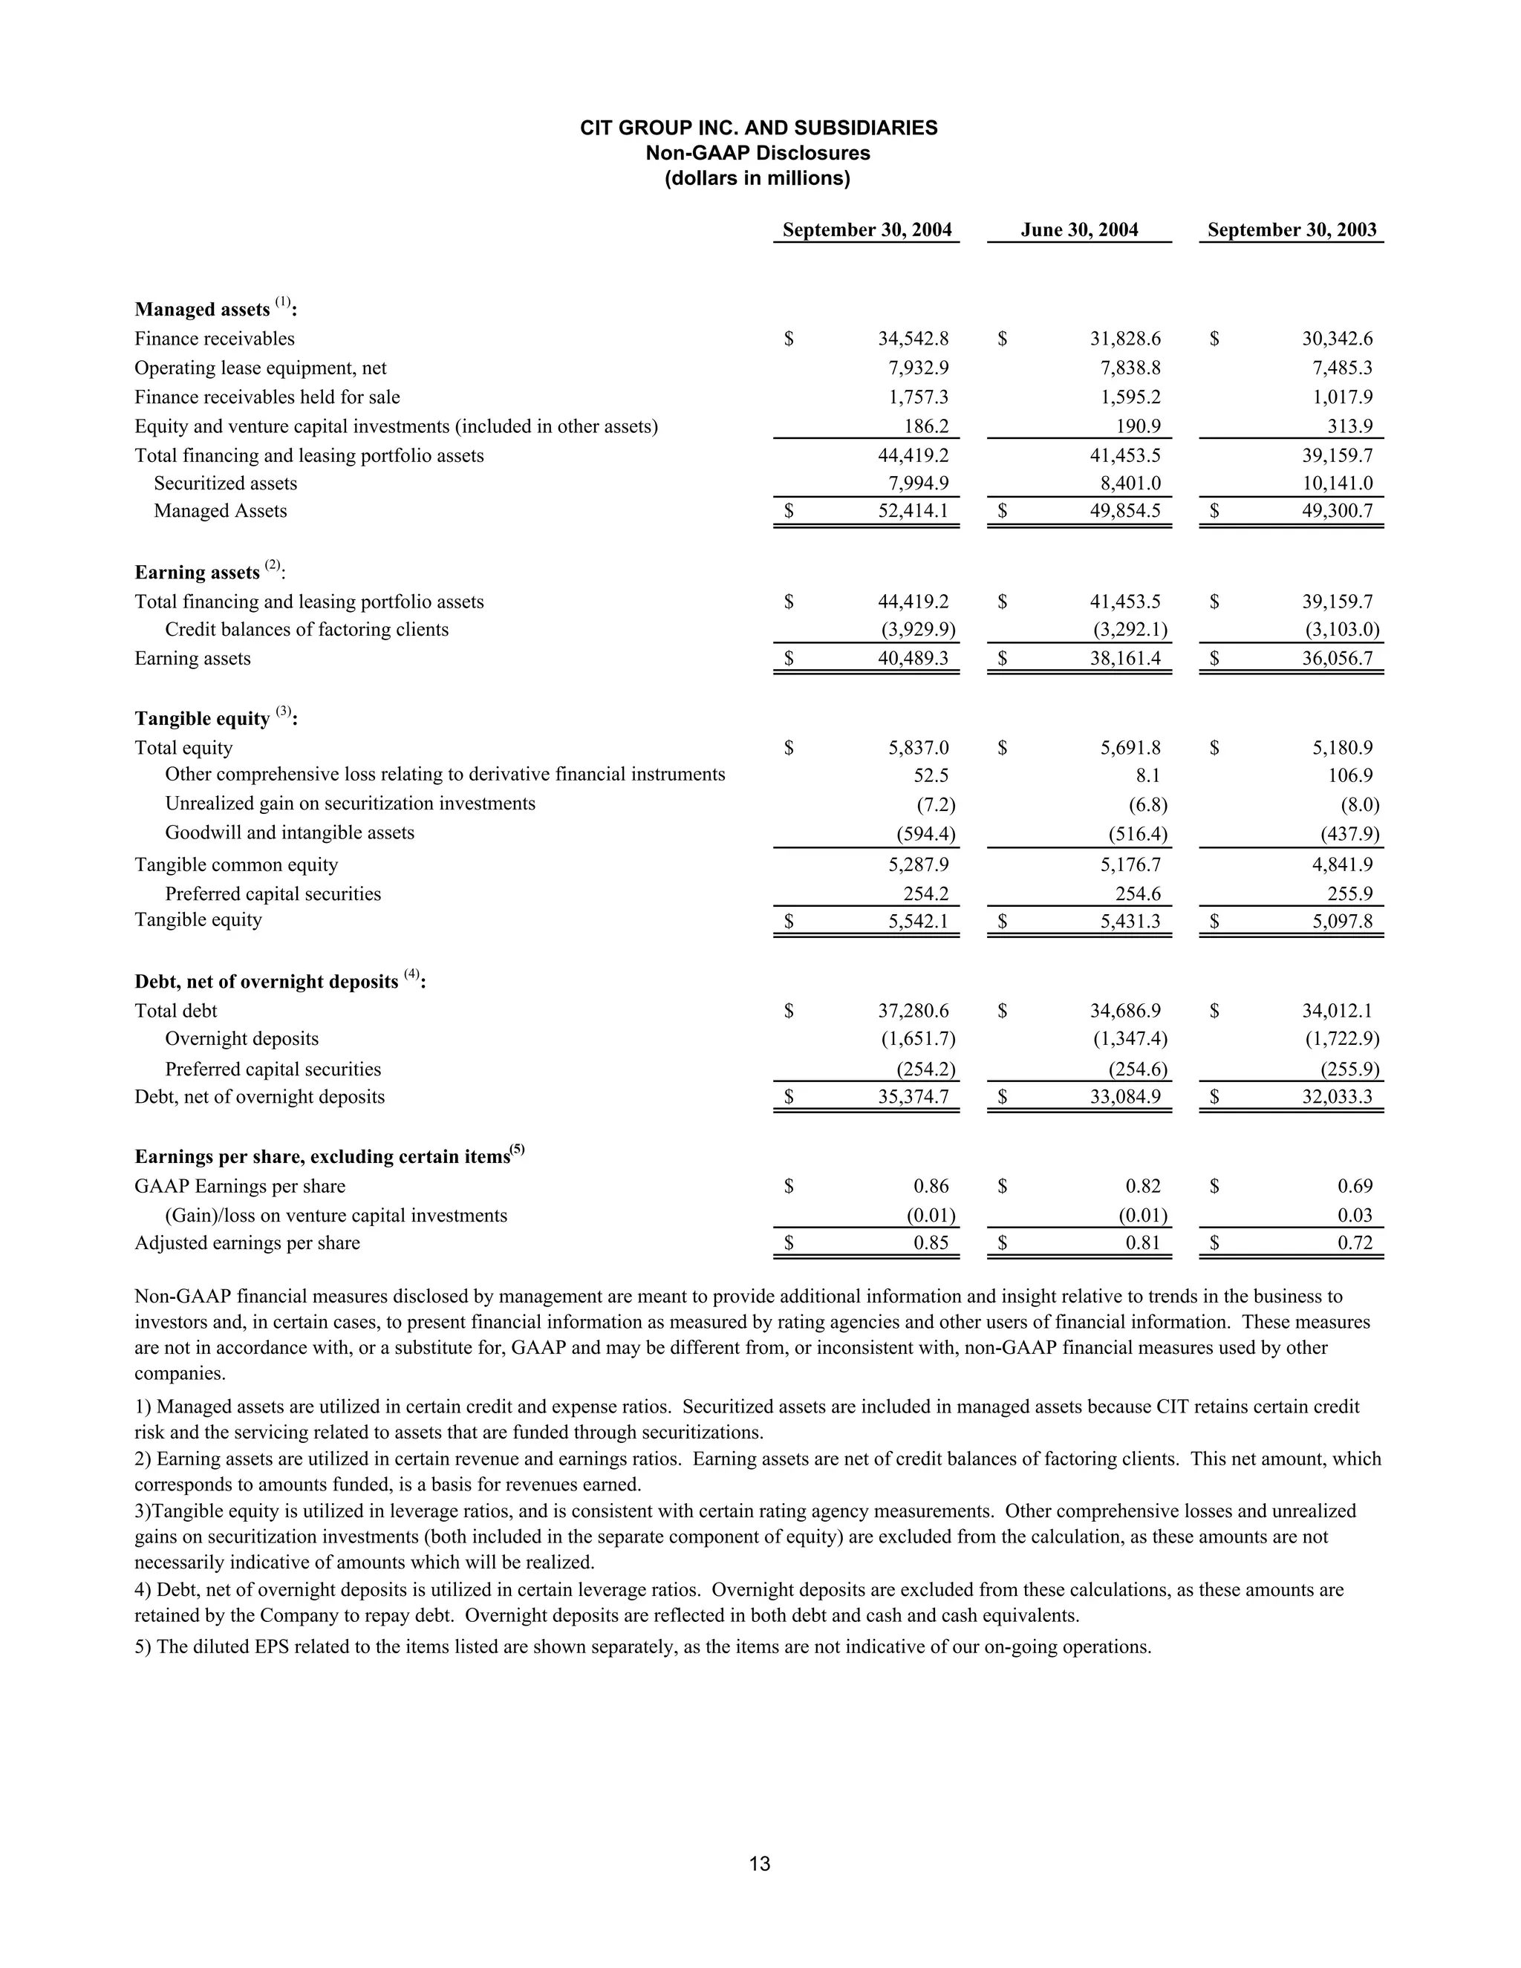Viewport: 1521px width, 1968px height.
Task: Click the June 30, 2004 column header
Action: click(1078, 229)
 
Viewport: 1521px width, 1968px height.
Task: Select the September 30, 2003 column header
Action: click(1292, 229)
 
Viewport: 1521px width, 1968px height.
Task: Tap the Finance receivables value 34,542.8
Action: click(913, 339)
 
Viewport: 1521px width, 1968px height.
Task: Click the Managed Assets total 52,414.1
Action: click(913, 511)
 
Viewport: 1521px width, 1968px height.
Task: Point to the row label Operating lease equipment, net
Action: click(261, 368)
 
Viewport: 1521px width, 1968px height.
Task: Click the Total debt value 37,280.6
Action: click(913, 1011)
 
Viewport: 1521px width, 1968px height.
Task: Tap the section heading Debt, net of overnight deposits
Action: click(267, 981)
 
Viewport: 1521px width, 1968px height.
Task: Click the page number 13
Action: click(760, 1864)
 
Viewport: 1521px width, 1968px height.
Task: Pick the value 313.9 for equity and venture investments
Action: click(1349, 426)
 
